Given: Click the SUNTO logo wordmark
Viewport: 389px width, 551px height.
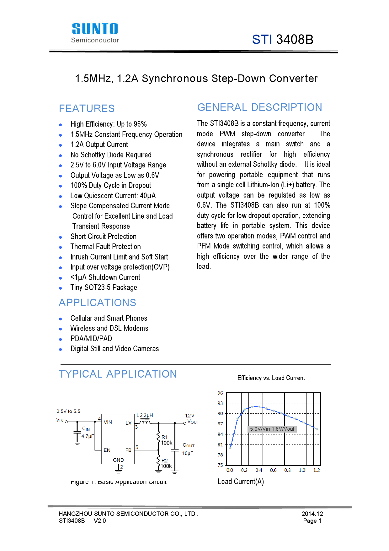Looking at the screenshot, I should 95,29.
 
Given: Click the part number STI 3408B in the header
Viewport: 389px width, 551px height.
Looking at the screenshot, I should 282,40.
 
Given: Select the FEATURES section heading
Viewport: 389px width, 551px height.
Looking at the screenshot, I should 87,109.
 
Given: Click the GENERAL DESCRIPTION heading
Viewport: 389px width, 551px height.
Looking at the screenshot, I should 259,107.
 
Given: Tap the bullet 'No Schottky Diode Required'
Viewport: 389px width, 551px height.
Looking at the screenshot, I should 111,155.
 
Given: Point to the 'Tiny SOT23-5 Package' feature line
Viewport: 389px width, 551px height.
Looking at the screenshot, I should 104,287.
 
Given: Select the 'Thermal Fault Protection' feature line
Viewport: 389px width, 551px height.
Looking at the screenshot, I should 105,247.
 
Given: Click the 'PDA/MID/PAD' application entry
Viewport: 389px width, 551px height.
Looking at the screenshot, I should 91,339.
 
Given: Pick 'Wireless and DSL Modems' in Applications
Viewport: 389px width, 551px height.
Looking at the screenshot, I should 109,328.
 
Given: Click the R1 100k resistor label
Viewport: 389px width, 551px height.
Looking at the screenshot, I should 166,440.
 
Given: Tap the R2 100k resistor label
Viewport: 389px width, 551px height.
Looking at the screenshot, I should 166,463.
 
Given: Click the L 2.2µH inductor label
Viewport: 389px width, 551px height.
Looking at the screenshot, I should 145,415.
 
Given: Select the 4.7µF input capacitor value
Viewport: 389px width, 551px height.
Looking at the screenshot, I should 88,436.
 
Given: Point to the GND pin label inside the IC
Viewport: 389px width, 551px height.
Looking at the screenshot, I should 118,460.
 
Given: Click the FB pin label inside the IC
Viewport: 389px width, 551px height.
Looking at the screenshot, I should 128,450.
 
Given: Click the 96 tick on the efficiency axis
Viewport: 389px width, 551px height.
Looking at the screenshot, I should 220,393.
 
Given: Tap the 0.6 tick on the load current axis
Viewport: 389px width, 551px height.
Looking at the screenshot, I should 273,470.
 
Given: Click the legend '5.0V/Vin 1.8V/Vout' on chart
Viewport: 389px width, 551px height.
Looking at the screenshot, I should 272,429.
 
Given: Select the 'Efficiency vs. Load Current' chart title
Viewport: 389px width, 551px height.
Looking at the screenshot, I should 271,378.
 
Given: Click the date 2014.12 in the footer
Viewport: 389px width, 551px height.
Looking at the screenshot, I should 312,514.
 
